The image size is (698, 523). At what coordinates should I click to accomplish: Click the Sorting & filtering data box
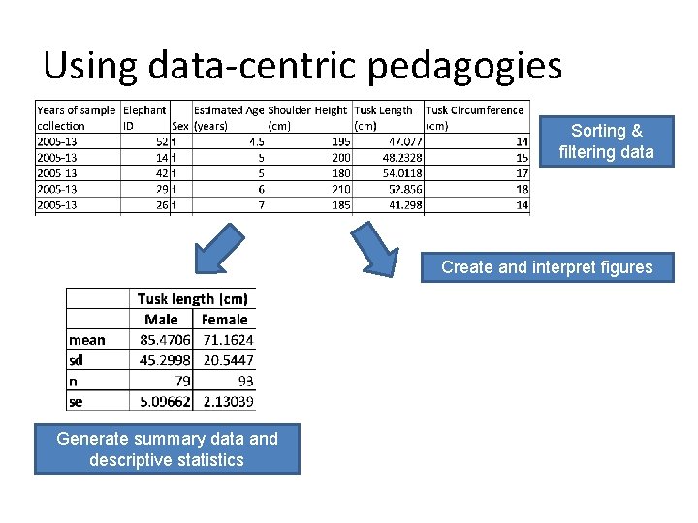pos(606,141)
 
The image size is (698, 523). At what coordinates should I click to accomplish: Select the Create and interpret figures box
pos(547,267)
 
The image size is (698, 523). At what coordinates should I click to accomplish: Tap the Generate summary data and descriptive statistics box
pos(167,449)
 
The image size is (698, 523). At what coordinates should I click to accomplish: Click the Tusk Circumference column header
pos(475,117)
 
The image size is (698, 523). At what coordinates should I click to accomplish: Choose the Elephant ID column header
pos(144,117)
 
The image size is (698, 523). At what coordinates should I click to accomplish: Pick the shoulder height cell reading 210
pos(341,189)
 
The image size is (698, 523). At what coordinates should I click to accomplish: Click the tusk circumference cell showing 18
pos(523,189)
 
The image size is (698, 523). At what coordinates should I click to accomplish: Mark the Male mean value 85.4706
pos(163,340)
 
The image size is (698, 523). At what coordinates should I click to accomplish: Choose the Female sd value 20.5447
pos(228,360)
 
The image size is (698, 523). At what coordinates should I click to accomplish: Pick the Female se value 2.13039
pos(228,401)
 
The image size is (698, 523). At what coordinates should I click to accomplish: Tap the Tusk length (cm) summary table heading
pos(192,299)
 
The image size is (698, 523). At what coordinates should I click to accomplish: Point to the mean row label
pos(87,340)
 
